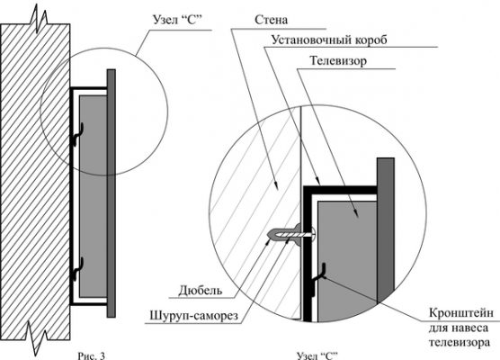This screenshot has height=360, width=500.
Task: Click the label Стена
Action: click(x=271, y=20)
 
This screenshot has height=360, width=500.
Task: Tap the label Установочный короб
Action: click(x=329, y=40)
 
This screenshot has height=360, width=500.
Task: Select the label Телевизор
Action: click(x=338, y=60)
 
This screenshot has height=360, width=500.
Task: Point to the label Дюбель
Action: click(x=201, y=291)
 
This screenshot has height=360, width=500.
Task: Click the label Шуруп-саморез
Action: click(x=194, y=316)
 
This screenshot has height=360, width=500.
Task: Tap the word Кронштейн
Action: click(x=461, y=312)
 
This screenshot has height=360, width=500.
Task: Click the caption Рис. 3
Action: click(x=91, y=355)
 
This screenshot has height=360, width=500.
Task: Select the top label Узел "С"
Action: click(x=178, y=20)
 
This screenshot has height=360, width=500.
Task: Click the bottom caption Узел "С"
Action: click(x=317, y=355)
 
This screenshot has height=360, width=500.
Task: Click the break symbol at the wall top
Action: click(x=39, y=19)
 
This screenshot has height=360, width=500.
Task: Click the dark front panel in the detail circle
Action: click(x=386, y=229)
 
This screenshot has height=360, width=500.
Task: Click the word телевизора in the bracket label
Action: click(x=460, y=342)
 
